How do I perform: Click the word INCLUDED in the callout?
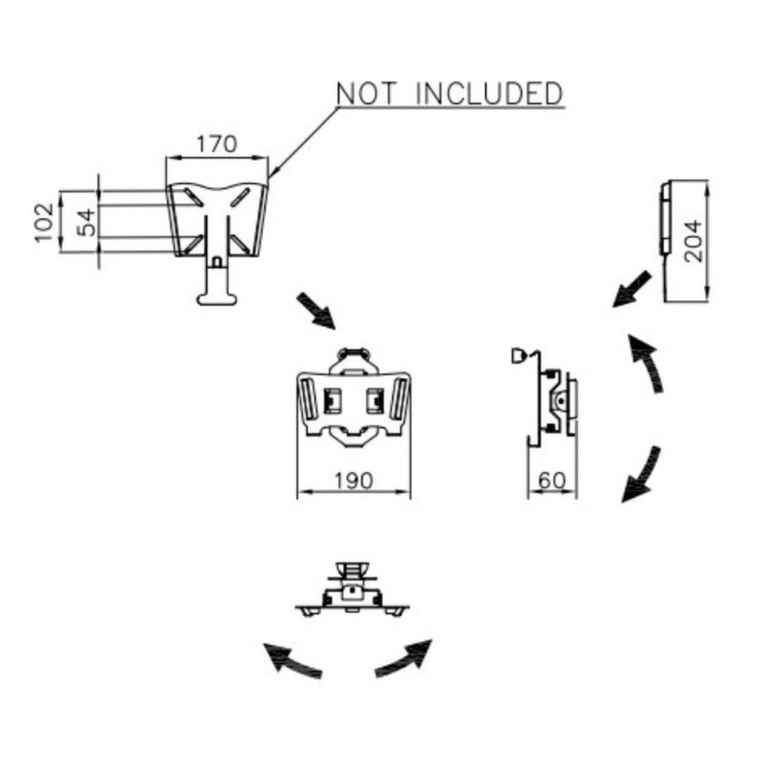tap(489, 94)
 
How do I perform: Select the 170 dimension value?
tap(216, 144)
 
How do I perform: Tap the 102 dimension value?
tap(44, 222)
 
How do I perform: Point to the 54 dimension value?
tap(87, 222)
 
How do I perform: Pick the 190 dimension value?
tap(353, 481)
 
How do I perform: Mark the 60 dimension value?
tap(552, 481)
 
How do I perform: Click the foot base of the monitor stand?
tap(216, 299)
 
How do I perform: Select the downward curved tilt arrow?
tap(642, 474)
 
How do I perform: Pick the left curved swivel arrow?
tap(292, 660)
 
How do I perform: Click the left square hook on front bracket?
tap(331, 401)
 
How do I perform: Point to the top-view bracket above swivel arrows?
tap(353, 592)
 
